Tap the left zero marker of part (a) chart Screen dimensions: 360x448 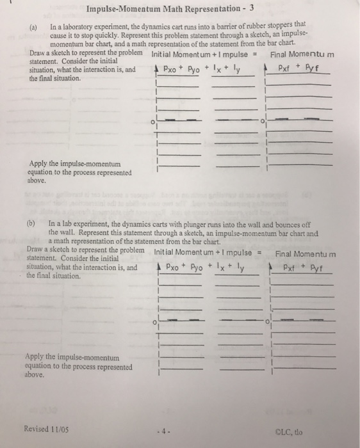(152, 121)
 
